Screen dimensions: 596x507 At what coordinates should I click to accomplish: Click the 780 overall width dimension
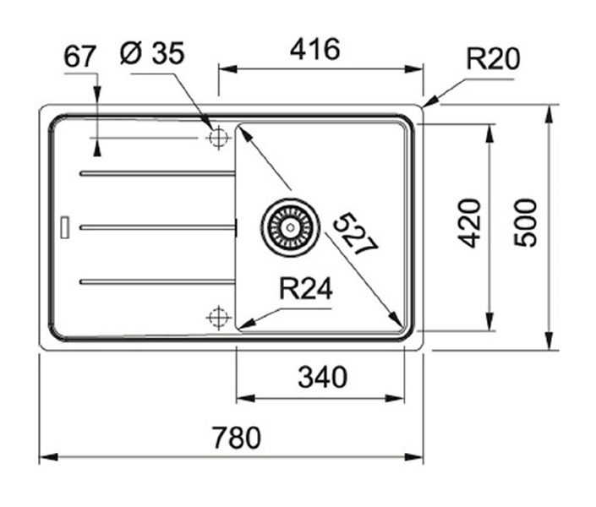(x=237, y=438)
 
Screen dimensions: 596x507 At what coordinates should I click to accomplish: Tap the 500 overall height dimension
(x=525, y=222)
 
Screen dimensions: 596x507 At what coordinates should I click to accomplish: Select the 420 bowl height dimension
(x=468, y=223)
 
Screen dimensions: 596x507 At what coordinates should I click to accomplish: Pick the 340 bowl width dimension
(x=322, y=377)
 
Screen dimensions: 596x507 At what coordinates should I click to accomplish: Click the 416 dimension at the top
(x=314, y=49)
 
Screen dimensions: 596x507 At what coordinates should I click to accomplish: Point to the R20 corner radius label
(x=493, y=59)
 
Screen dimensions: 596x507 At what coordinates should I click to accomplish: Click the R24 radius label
(x=305, y=289)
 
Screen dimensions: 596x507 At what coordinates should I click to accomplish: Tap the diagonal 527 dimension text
(x=355, y=235)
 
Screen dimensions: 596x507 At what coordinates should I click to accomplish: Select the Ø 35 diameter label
(x=152, y=52)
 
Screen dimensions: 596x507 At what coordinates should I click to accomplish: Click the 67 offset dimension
(x=79, y=57)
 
